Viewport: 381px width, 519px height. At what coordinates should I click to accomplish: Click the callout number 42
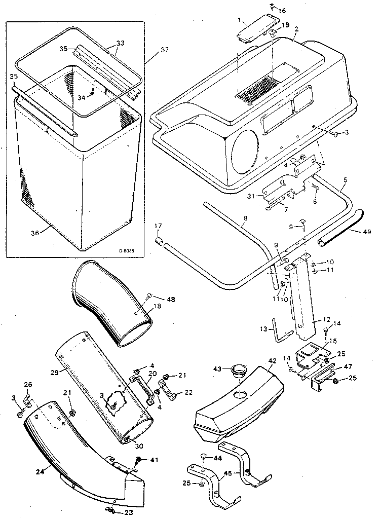(x=272, y=361)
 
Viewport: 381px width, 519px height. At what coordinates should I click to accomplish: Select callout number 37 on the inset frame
(x=164, y=50)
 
